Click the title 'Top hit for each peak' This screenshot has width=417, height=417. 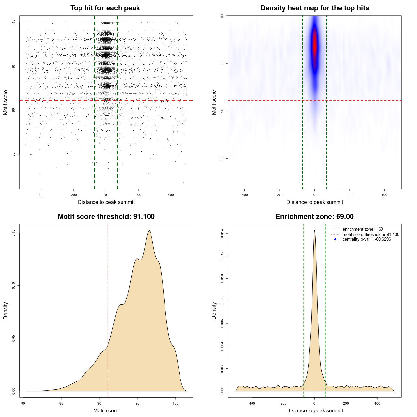click(x=105, y=8)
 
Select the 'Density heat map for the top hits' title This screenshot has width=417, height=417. click(x=314, y=8)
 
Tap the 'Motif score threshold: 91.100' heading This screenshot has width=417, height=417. click(x=106, y=217)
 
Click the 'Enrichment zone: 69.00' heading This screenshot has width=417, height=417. click(x=314, y=217)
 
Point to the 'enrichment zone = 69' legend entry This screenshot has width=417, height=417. click(x=363, y=229)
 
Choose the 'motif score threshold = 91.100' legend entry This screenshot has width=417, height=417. click(x=371, y=234)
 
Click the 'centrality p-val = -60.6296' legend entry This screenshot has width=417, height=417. click(x=367, y=239)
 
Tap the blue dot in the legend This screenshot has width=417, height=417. click(x=335, y=239)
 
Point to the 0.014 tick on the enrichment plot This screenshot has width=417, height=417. click(x=222, y=233)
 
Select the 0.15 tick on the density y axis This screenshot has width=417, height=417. click(x=14, y=233)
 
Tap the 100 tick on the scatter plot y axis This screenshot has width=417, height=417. click(x=14, y=22)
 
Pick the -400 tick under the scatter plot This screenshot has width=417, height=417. click(x=41, y=195)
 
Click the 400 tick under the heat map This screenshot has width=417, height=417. click(x=384, y=195)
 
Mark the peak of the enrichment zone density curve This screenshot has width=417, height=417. click(x=314, y=231)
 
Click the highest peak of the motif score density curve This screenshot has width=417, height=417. click(x=149, y=231)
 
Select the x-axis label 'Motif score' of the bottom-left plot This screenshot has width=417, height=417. click(x=106, y=410)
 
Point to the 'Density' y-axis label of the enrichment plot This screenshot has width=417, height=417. click(x=214, y=310)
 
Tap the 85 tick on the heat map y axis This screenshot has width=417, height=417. click(x=222, y=158)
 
